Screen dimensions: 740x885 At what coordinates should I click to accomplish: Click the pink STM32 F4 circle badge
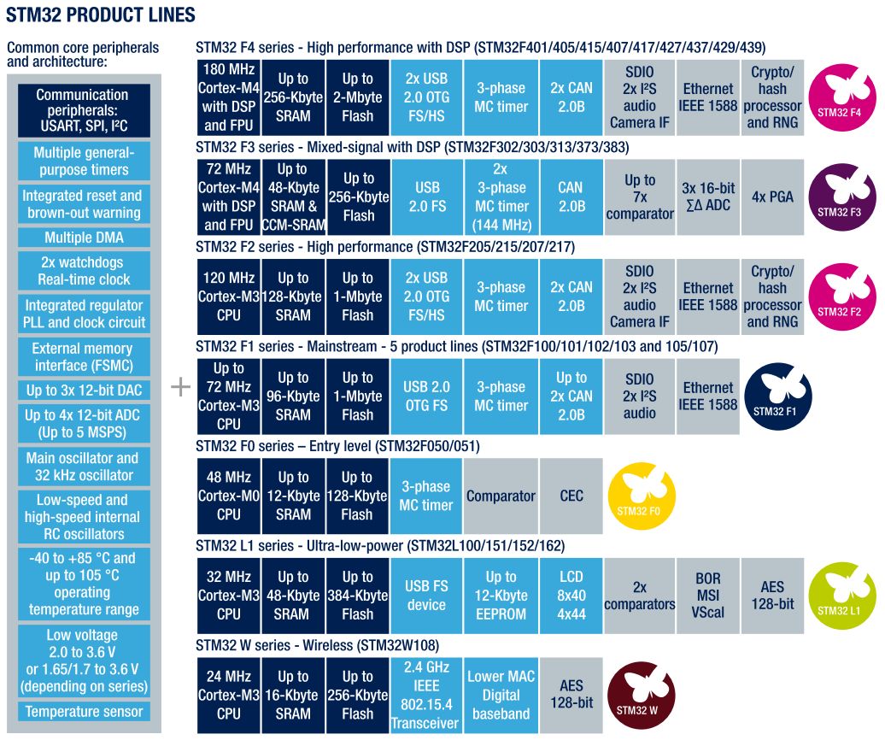(839, 97)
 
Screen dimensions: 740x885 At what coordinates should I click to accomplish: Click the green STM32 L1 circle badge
(839, 596)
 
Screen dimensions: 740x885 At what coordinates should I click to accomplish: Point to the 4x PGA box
(772, 197)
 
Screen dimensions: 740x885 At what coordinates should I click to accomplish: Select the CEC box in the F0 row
(571, 496)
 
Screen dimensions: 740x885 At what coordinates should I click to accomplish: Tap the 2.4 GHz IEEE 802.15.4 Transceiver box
(425, 695)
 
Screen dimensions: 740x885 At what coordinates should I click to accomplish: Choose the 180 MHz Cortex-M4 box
(228, 97)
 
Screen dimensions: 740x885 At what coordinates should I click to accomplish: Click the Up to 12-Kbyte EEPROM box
(501, 595)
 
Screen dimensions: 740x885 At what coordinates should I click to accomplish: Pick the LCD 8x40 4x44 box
(571, 595)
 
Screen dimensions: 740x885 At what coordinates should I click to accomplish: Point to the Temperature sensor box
(84, 712)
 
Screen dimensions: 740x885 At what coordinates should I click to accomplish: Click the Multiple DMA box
(84, 237)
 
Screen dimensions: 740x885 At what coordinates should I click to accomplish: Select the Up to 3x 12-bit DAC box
(84, 390)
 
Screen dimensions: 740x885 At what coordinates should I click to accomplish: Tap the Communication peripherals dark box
(83, 111)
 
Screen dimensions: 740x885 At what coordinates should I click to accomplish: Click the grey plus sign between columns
(180, 387)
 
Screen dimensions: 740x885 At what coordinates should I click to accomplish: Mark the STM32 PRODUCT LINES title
(101, 15)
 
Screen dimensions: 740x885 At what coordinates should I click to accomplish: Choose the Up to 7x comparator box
(640, 197)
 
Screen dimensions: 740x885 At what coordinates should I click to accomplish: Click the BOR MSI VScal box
(707, 595)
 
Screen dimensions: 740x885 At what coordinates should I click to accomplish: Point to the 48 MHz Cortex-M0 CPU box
(228, 496)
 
